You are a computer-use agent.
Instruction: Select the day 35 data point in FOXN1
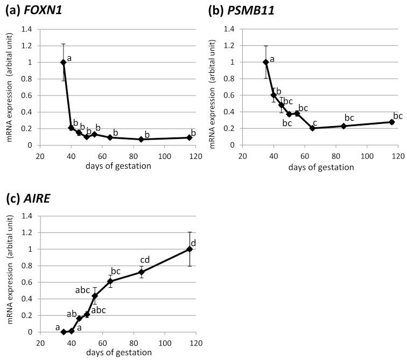coord(64,62)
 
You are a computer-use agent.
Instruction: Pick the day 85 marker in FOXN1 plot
coord(141,139)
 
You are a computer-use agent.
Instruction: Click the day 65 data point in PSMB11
coord(312,128)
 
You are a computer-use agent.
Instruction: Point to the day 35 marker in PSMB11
coord(266,62)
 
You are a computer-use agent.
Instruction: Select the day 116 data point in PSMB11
coord(392,122)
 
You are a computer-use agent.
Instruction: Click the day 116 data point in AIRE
coord(190,249)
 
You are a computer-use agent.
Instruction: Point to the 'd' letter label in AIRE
coord(194,243)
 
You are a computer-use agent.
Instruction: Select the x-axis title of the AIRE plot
coord(118,353)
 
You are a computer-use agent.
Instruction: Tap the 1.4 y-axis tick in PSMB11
coord(230,29)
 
